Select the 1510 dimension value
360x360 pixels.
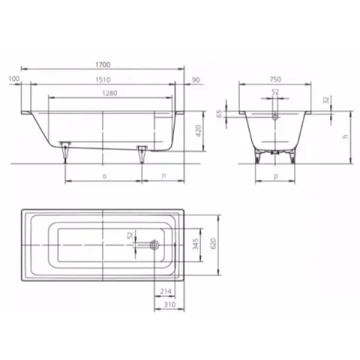click(x=102, y=78)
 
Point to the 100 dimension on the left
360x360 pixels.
click(x=13, y=78)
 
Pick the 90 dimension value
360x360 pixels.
click(x=196, y=78)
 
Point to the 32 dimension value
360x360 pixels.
click(x=324, y=99)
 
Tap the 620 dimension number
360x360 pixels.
click(x=213, y=244)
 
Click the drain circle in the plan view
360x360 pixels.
click(x=154, y=244)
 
